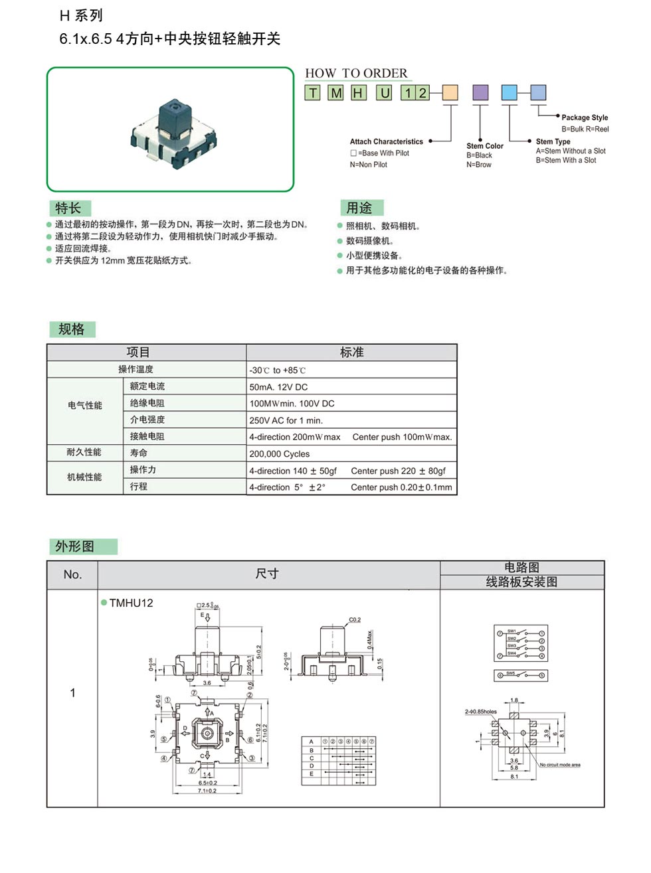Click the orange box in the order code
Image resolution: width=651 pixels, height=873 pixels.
(x=450, y=92)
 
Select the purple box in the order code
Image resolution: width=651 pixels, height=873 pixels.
(x=480, y=92)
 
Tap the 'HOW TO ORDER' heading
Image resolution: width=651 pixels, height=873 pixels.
(x=356, y=73)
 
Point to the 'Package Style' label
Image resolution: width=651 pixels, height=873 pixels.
(x=585, y=118)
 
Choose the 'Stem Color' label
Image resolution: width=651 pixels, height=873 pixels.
(x=485, y=146)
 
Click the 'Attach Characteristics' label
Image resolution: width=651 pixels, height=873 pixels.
(x=387, y=141)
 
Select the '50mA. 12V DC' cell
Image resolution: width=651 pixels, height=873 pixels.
(x=279, y=387)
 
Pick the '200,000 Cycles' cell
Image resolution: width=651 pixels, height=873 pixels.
(x=280, y=454)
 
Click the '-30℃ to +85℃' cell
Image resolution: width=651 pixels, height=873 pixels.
(x=278, y=370)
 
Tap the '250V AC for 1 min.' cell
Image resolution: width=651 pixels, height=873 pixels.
(x=286, y=420)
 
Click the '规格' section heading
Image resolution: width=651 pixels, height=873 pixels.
(x=72, y=329)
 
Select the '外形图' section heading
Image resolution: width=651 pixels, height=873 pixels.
(x=75, y=546)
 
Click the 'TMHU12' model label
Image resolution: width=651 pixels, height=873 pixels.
(x=131, y=603)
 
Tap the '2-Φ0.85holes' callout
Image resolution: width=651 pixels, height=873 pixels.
(x=481, y=712)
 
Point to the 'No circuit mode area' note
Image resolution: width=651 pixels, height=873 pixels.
(x=560, y=765)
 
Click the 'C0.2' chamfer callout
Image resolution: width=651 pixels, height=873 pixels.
(x=355, y=620)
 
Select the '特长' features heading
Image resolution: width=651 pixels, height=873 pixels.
(x=68, y=208)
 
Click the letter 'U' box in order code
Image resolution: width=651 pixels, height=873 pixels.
(x=385, y=92)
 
